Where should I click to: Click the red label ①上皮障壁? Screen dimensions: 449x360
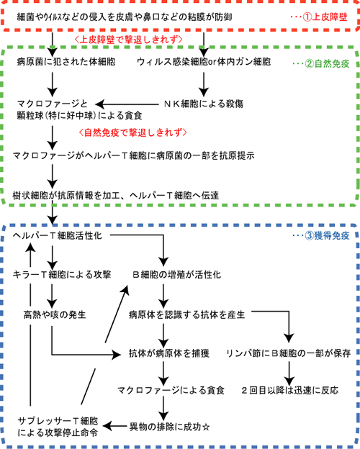[325, 15]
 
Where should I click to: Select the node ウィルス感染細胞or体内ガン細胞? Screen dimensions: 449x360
[203, 63]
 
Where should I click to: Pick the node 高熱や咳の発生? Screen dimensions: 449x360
[54, 314]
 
